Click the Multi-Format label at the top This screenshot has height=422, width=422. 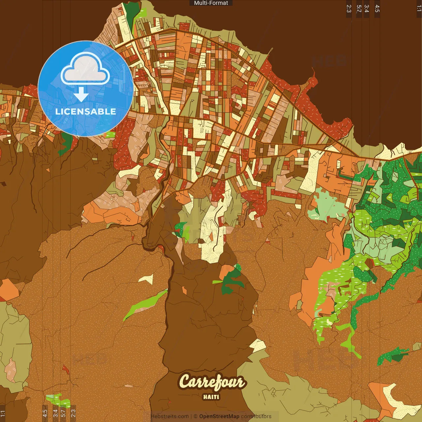tap(211, 3)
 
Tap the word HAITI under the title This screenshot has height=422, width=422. tap(211, 397)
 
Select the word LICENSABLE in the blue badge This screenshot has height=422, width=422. tap(85, 111)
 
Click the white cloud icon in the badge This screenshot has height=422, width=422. tap(85, 69)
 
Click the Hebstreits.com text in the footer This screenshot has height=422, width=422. tap(169, 416)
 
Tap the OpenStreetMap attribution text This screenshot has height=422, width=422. tap(219, 416)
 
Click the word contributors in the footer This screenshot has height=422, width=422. tap(256, 416)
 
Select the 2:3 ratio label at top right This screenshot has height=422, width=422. tap(349, 9)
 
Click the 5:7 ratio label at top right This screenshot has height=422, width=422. tap(359, 9)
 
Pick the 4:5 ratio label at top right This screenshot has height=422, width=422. tap(377, 9)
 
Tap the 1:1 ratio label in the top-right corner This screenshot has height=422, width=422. tap(419, 9)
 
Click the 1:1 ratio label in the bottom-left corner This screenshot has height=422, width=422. tap(3, 413)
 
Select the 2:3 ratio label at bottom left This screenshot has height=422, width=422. tap(73, 413)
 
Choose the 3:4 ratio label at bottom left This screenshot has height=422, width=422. tap(55, 413)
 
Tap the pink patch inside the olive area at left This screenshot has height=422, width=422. tap(11, 369)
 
